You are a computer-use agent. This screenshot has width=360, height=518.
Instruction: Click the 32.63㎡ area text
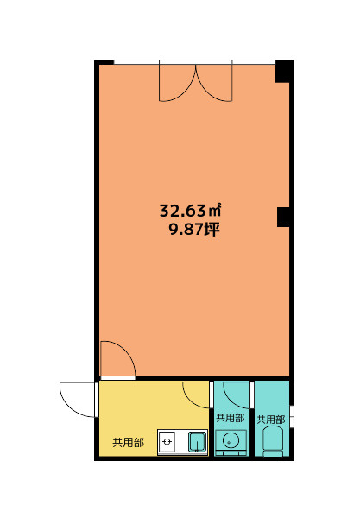190,211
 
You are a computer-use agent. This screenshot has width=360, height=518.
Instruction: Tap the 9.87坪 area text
194,230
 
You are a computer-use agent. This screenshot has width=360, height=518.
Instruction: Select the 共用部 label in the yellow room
128,442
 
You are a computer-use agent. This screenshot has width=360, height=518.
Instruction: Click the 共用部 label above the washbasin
231,418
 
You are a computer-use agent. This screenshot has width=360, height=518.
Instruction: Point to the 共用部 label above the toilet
271,420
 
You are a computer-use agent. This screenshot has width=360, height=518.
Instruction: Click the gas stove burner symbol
167,441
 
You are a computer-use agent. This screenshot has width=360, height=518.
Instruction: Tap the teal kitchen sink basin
197,442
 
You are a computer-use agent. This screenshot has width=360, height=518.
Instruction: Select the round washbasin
231,440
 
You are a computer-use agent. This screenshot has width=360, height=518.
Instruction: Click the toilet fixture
273,440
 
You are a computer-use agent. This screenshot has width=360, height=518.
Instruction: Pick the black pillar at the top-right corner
284,72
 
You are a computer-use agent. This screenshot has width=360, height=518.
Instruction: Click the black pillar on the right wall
283,217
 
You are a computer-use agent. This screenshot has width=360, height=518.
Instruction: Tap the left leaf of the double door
177,83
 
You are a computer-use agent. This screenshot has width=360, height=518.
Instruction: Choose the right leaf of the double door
214,83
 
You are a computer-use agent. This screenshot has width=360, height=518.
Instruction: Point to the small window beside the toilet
292,416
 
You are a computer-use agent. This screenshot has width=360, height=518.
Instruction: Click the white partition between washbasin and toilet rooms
252,419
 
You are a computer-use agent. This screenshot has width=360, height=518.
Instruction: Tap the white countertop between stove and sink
181,442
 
